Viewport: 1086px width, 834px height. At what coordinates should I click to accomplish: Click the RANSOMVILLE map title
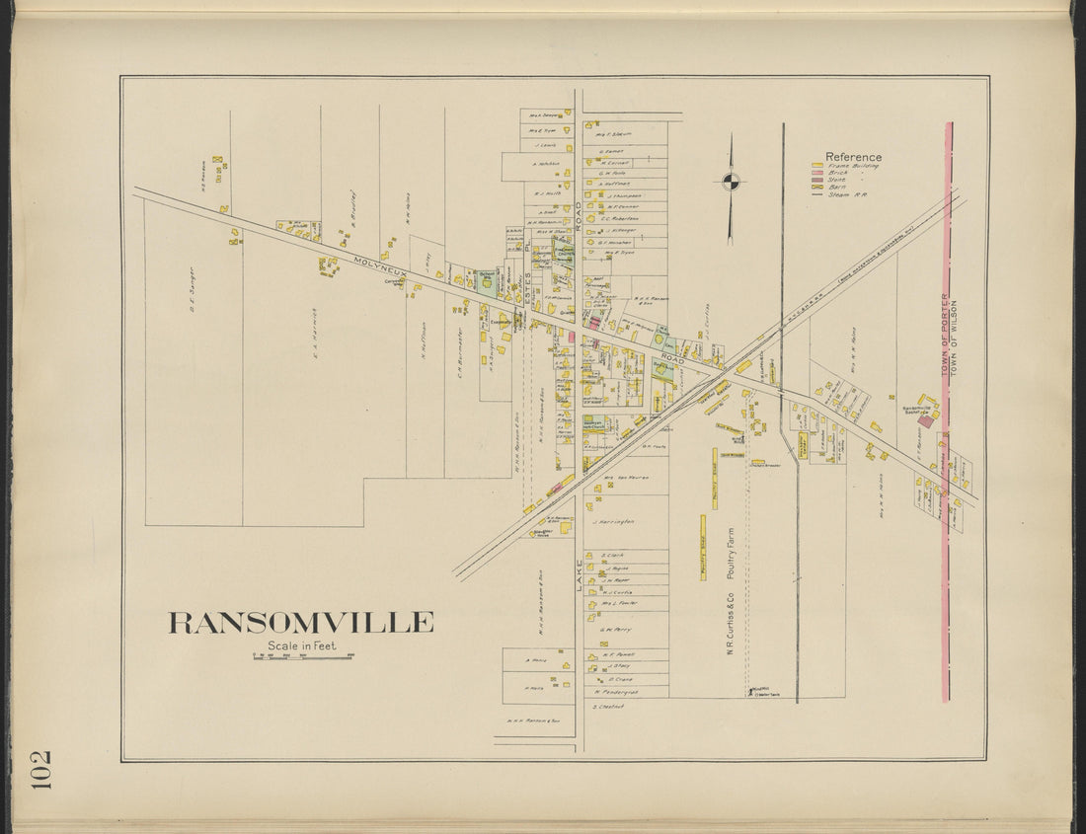(300, 622)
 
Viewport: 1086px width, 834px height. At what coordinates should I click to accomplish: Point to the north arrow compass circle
(730, 180)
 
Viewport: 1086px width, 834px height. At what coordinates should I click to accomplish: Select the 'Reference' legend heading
(853, 157)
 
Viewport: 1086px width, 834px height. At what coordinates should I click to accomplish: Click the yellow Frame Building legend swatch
(816, 166)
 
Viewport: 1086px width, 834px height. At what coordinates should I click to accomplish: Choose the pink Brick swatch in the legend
(816, 173)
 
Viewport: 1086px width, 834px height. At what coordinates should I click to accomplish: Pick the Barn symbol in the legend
(816, 187)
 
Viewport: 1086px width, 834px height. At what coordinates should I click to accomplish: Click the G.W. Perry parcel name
(615, 629)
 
